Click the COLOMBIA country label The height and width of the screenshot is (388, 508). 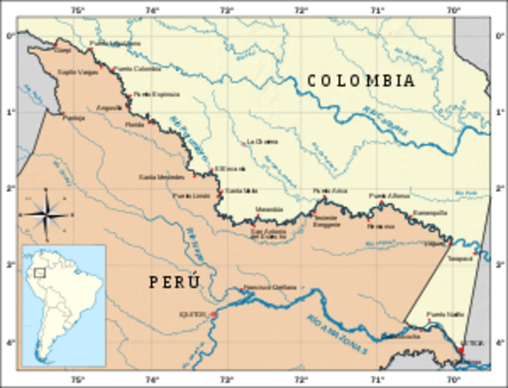(360, 81)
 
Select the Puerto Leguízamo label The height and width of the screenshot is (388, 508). (109, 43)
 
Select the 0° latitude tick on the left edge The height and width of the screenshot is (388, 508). (10, 36)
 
